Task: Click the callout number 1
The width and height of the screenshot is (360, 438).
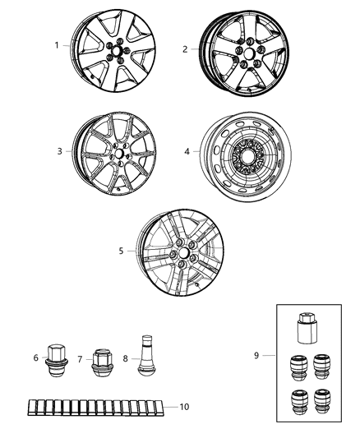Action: click(x=57, y=45)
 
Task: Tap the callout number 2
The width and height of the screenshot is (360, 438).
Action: click(x=185, y=49)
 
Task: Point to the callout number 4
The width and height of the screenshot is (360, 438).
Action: click(x=187, y=151)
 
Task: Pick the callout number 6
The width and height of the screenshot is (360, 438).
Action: click(x=35, y=358)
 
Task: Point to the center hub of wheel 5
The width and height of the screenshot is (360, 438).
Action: click(x=182, y=254)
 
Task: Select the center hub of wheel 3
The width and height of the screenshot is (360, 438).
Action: click(x=120, y=154)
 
